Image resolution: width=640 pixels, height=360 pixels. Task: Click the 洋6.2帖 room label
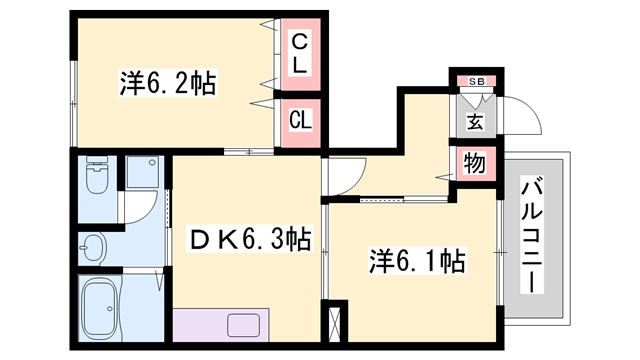click(168, 84)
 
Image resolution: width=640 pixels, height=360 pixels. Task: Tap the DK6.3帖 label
click(250, 238)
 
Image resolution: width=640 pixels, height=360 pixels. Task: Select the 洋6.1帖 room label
click(417, 261)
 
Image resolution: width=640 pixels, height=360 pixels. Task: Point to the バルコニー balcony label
click(532, 237)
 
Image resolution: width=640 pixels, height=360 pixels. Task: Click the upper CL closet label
click(300, 53)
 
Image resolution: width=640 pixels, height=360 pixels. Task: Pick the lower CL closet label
click(300, 120)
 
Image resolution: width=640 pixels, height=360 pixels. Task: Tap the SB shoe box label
click(476, 81)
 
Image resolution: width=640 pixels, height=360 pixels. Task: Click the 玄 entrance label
click(475, 121)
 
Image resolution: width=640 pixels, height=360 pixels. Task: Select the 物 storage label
click(475, 164)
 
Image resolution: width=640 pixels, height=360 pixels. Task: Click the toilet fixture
click(97, 176)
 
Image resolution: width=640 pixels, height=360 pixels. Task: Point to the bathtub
click(102, 304)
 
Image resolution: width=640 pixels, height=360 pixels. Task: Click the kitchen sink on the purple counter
click(244, 325)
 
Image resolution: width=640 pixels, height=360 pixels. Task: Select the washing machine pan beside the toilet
click(142, 171)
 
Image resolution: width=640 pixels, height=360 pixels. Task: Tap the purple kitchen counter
click(221, 325)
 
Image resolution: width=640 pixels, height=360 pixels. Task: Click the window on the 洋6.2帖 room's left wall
click(74, 103)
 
